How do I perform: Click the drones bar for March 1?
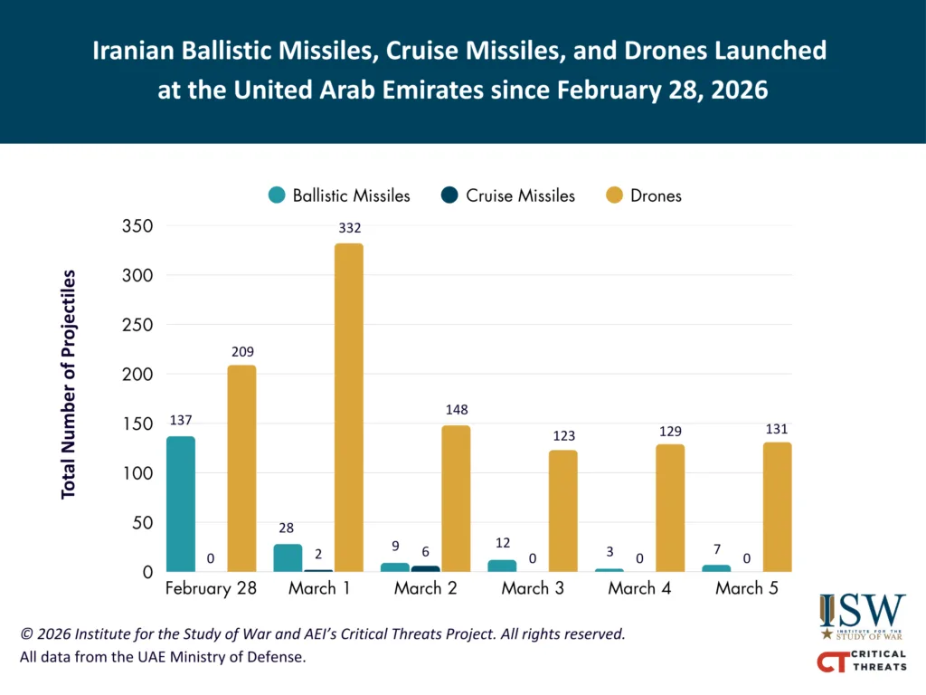349,407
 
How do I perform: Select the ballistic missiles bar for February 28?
181,504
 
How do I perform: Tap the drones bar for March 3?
562,510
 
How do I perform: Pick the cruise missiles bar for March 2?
425,568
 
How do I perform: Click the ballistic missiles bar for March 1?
288,557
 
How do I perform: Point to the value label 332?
349,228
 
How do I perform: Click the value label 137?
181,421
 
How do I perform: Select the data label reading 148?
456,410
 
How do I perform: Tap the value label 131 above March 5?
777,428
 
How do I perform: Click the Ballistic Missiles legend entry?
339,195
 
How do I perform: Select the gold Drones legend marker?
615,195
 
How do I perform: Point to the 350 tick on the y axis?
137,225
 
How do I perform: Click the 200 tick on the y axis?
137,374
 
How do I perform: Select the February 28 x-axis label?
211,589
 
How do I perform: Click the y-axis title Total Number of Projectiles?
69,384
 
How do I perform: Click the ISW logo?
861,615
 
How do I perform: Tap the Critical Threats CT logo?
861,662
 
